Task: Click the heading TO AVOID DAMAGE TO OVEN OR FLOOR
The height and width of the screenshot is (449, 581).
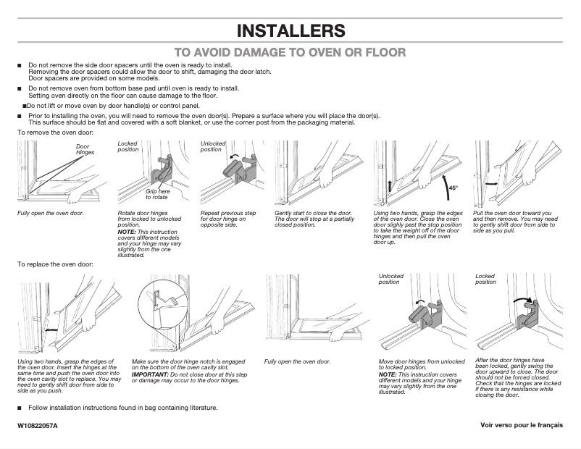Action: (290, 52)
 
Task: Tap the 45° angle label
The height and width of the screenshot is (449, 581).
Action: (453, 188)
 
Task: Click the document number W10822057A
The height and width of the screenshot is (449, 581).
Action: (38, 425)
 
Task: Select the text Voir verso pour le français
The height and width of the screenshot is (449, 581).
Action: (521, 425)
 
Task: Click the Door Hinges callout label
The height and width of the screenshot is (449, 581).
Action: (85, 150)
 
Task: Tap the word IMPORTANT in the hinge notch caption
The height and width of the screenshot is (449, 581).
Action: (149, 374)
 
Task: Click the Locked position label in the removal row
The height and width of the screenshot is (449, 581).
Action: (128, 146)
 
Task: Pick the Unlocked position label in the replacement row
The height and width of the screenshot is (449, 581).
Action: (391, 279)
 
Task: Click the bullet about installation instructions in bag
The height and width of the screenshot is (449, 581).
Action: (122, 408)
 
